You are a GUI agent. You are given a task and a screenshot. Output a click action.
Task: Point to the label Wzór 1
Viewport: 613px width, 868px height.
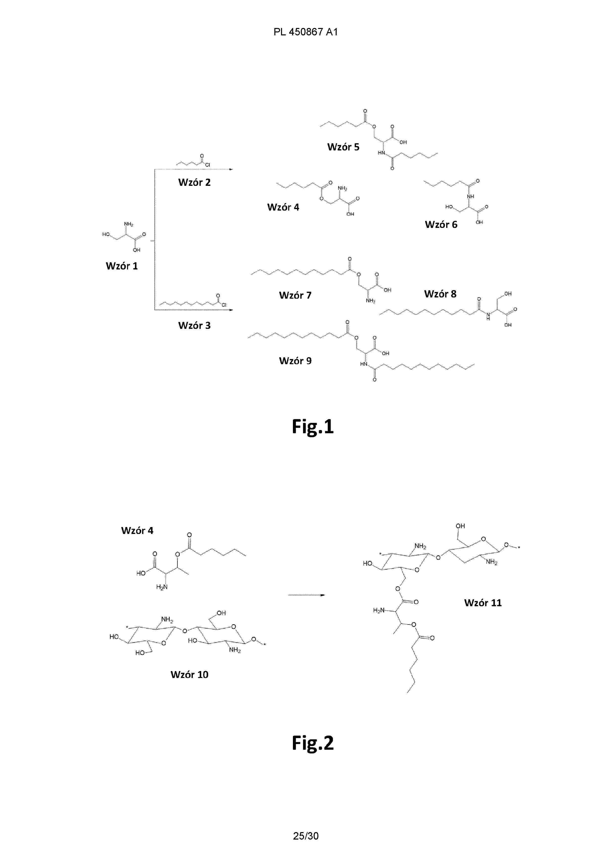tap(122, 266)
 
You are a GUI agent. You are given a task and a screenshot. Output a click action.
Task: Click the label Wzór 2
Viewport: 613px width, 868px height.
tap(194, 183)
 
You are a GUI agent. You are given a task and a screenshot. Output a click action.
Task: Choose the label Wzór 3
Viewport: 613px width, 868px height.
tap(194, 326)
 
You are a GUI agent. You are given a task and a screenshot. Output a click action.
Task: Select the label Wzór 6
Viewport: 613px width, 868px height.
tap(441, 225)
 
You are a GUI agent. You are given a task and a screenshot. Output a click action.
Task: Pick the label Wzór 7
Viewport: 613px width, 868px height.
tap(295, 295)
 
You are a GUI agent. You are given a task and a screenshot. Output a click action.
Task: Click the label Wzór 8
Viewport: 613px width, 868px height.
tap(440, 294)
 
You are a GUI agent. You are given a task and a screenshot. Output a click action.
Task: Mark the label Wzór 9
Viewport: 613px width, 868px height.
tap(295, 361)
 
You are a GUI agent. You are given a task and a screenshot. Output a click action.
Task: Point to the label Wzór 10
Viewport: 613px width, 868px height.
tap(189, 675)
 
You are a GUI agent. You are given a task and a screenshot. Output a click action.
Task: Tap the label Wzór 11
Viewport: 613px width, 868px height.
tap(483, 603)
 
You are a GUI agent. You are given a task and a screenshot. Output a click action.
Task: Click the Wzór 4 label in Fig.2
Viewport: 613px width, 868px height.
tap(137, 531)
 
